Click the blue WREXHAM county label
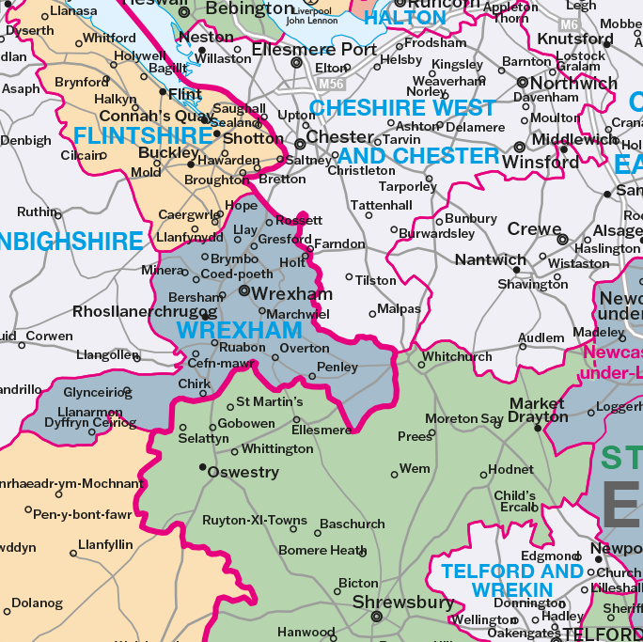point(240,330)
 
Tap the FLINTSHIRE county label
point(144,136)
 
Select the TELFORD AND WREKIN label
point(512,580)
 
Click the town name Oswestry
point(243,472)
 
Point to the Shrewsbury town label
point(403,602)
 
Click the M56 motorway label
point(331,84)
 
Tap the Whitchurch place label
point(457,357)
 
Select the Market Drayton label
point(538,410)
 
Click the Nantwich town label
point(491,259)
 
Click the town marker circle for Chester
point(300,144)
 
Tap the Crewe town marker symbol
point(563,240)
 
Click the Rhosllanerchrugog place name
point(145,311)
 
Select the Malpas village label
point(400,308)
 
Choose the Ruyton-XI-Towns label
point(255,520)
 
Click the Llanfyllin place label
point(105,544)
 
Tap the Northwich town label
point(574,83)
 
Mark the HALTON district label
point(405,18)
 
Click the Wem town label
point(415,468)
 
